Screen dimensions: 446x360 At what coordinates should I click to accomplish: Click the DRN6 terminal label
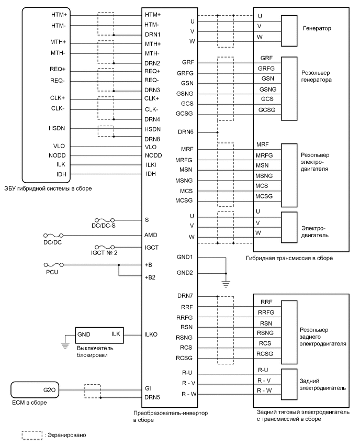(186, 131)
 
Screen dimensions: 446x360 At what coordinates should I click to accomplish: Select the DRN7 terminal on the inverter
(186, 297)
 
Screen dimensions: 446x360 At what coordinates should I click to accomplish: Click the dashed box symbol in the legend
(31, 434)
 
